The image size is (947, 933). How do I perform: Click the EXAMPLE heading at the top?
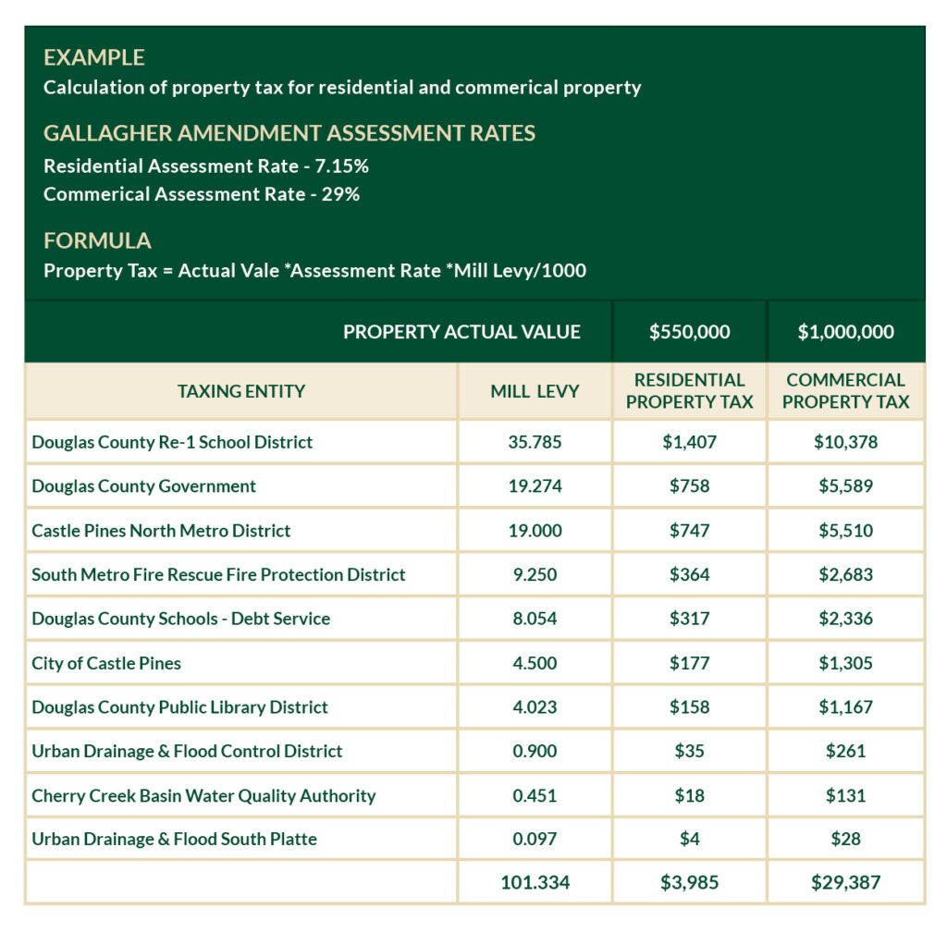click(x=94, y=57)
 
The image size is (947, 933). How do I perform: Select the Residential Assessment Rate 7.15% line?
click(x=206, y=166)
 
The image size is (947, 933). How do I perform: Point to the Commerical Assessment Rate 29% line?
click(x=202, y=194)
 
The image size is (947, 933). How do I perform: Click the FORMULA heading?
click(x=97, y=240)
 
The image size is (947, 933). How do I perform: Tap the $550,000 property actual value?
click(x=689, y=332)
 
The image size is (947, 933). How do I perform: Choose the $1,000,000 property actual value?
click(x=845, y=332)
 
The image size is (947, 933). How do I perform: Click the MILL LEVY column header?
click(x=535, y=391)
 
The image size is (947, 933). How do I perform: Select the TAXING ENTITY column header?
click(x=241, y=391)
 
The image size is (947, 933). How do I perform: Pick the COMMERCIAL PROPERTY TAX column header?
click(x=845, y=391)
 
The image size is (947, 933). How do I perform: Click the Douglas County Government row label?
click(x=143, y=485)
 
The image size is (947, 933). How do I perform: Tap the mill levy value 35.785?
click(x=535, y=442)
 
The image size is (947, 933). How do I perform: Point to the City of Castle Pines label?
click(x=106, y=663)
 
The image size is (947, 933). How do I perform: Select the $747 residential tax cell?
click(x=689, y=531)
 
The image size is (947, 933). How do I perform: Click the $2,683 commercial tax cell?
click(x=845, y=574)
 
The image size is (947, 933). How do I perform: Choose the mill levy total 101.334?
click(x=535, y=882)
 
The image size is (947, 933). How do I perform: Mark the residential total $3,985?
click(x=689, y=882)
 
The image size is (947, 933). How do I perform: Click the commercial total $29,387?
click(x=845, y=882)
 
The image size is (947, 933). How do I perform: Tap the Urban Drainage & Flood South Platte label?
click(x=174, y=839)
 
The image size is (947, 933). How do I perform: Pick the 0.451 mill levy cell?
click(x=535, y=795)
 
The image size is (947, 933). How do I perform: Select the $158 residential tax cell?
click(x=689, y=706)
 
